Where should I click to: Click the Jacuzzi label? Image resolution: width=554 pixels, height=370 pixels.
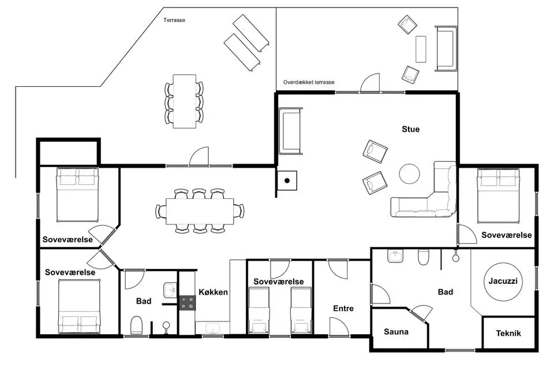[x=503, y=281]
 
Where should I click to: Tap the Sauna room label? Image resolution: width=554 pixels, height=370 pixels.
[x=396, y=332]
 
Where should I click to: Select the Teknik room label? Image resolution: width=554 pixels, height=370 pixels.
[x=508, y=333]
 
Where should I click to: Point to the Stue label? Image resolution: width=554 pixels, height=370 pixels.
[x=410, y=129]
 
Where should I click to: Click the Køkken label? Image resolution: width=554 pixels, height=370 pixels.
[x=213, y=292]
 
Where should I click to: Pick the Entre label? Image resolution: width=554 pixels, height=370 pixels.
[x=343, y=308]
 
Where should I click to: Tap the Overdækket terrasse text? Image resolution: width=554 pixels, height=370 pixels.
[x=308, y=82]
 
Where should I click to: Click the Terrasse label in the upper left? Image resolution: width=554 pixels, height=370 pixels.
[x=174, y=20]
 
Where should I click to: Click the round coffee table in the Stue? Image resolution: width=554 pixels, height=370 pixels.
[x=410, y=173]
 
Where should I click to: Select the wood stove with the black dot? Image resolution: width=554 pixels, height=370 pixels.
[x=287, y=180]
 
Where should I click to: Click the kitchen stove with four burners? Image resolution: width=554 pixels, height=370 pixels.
[x=187, y=303]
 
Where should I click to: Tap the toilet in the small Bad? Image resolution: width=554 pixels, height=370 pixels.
[x=136, y=325]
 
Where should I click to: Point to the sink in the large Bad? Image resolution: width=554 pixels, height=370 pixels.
[x=395, y=256]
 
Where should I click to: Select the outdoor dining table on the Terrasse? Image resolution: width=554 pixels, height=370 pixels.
[x=185, y=101]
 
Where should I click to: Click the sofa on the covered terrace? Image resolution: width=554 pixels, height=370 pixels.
[x=446, y=49]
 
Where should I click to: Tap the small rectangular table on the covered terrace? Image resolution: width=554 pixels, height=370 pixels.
[x=421, y=49]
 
